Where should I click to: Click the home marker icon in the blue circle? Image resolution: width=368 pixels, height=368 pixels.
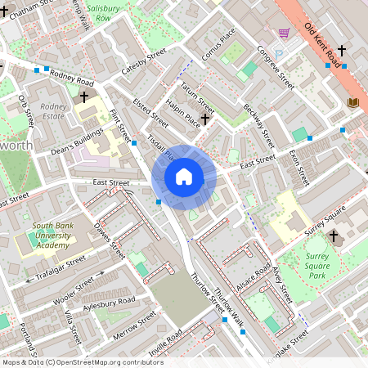tap(184, 177)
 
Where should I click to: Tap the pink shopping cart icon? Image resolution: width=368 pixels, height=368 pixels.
tap(284, 33)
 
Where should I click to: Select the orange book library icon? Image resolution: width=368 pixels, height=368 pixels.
tap(353, 102)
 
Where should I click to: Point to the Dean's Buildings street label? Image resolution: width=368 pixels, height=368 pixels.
tap(77, 144)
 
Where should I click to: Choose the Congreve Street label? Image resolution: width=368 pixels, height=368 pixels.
tap(275, 67)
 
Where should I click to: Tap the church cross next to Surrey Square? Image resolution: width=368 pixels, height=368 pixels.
tap(333, 237)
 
